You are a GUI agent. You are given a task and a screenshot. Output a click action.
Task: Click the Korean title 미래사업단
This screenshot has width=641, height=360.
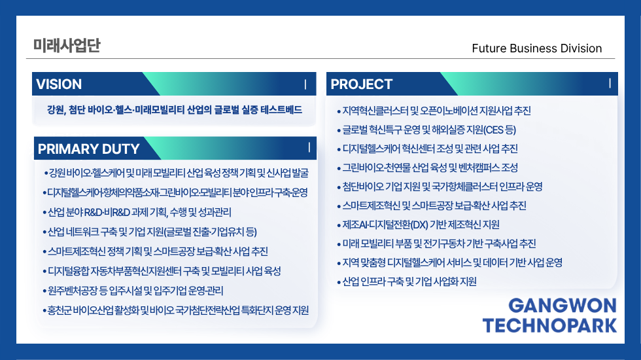point(67,45)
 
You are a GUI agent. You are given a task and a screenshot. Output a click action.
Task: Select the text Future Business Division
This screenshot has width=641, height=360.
point(537,48)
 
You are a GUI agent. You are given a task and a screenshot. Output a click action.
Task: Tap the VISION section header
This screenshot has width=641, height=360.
point(59,84)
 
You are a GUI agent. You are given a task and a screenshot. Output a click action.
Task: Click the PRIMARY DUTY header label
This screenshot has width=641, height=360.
point(89,149)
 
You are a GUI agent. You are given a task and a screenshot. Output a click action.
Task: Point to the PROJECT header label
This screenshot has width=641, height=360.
point(361,84)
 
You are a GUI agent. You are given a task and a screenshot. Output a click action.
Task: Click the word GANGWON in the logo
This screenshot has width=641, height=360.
point(563,306)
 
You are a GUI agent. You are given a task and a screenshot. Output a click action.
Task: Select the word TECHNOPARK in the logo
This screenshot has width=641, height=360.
point(550,326)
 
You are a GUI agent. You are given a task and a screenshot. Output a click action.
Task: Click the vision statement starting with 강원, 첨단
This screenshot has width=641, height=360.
point(175,110)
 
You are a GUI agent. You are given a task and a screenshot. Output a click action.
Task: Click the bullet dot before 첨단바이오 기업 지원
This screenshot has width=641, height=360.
point(339,187)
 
